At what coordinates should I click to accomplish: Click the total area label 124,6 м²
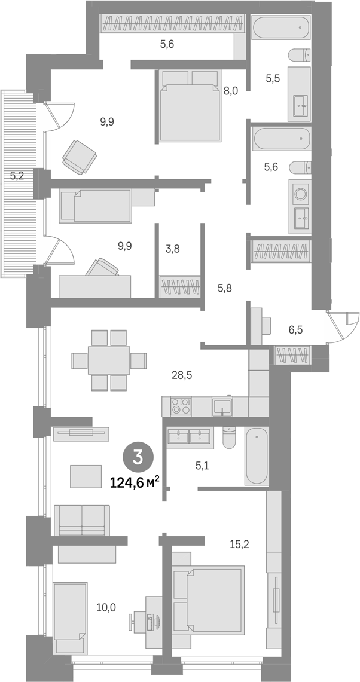[135, 482]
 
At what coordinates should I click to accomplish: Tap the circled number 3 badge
[138, 458]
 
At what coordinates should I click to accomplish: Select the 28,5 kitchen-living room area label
[182, 375]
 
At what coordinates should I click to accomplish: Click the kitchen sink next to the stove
[222, 406]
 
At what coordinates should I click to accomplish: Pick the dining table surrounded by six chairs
[109, 360]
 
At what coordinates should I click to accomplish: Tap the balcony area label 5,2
[17, 176]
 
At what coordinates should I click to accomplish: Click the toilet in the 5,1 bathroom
[229, 437]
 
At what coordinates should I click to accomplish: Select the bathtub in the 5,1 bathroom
[257, 455]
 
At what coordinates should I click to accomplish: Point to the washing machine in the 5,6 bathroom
[300, 192]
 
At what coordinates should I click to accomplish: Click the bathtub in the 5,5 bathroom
[282, 27]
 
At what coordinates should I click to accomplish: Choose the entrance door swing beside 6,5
[343, 328]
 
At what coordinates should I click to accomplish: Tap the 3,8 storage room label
[172, 249]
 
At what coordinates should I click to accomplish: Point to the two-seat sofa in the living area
[82, 521]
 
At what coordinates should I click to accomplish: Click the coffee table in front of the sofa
[86, 476]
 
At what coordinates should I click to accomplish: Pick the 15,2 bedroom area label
[239, 544]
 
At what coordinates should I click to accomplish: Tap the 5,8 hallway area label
[225, 287]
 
